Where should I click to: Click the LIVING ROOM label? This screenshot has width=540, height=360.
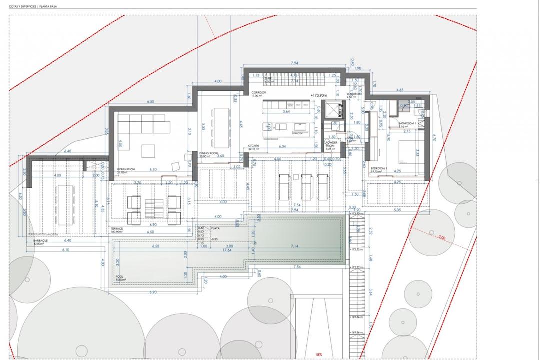126,170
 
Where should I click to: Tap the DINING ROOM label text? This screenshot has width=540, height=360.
209,153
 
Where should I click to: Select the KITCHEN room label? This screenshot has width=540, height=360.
254,146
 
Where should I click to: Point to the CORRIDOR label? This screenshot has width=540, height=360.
259,93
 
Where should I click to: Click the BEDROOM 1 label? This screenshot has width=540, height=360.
379,169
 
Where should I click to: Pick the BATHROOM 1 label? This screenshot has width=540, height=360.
407,123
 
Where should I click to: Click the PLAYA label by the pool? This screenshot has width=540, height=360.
216,228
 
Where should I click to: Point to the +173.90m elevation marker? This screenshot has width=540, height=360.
318,95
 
